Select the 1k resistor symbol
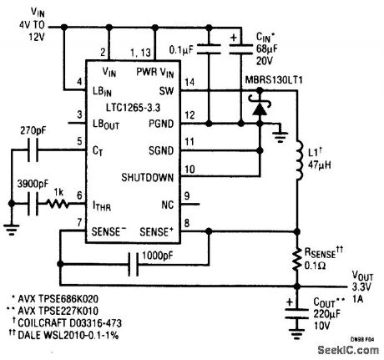coord(59,202)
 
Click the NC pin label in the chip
coord(166,201)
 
